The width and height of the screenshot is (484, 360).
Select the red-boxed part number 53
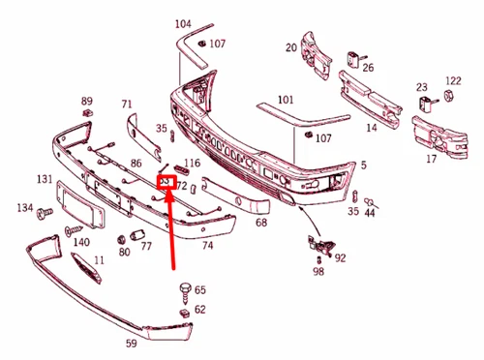(x=166, y=181)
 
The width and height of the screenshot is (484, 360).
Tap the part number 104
(x=183, y=22)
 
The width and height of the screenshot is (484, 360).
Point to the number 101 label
(x=285, y=100)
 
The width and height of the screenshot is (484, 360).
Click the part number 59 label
(x=157, y=342)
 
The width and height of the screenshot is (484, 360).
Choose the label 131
(x=45, y=179)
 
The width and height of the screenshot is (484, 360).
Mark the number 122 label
(x=453, y=81)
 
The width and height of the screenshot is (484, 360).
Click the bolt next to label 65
(x=183, y=288)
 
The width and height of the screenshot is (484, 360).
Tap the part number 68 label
(x=261, y=222)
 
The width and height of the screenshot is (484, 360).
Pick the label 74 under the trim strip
(x=206, y=246)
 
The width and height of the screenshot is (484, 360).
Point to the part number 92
(x=340, y=257)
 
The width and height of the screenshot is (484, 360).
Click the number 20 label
(x=290, y=47)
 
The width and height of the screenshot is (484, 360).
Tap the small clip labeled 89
(x=86, y=115)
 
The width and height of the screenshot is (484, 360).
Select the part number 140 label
(x=81, y=242)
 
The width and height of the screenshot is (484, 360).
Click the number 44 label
(x=370, y=212)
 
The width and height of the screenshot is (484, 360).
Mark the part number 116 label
(x=193, y=165)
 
